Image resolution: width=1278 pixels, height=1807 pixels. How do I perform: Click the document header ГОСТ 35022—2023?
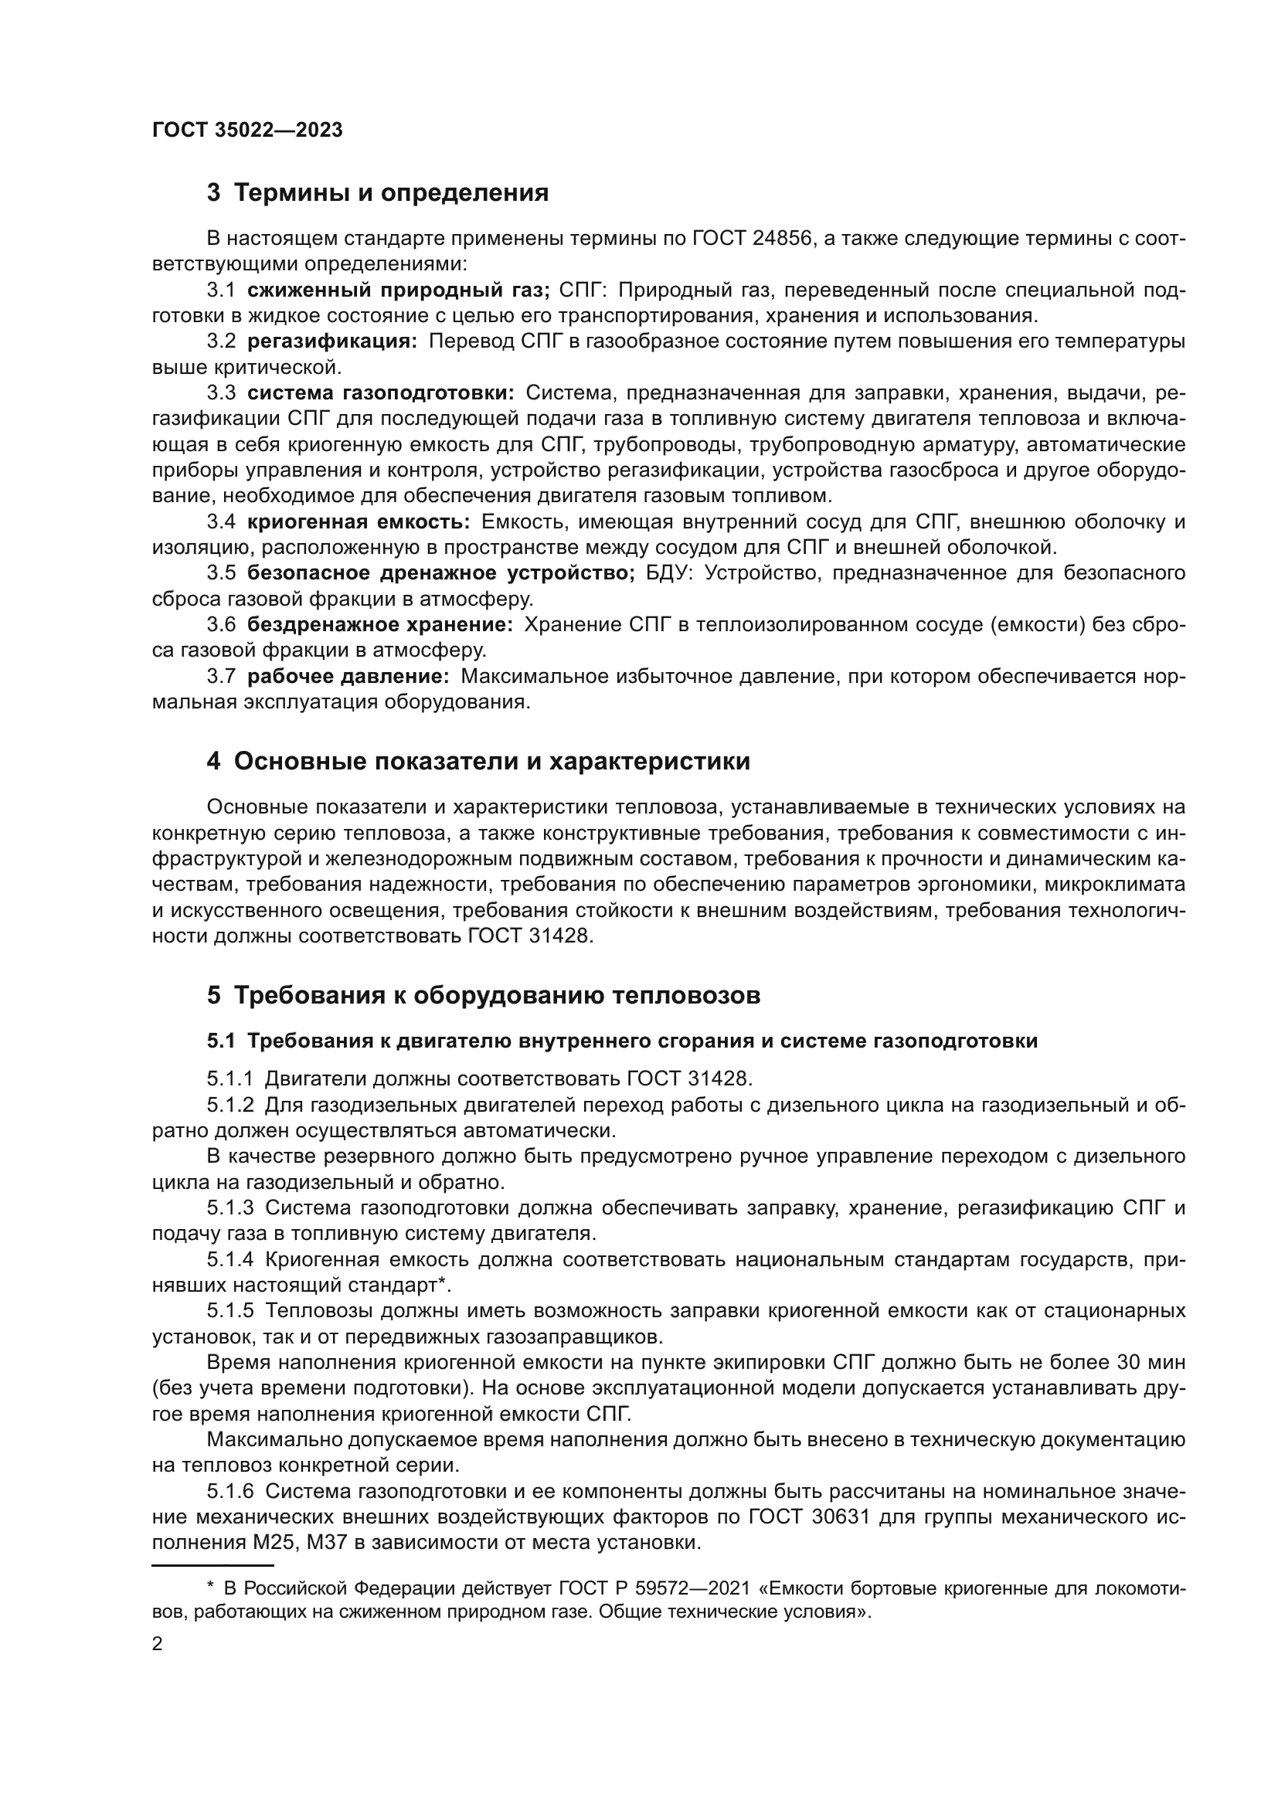pyautogui.click(x=247, y=131)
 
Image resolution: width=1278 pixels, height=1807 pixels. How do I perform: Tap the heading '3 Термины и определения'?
pyautogui.click(x=377, y=193)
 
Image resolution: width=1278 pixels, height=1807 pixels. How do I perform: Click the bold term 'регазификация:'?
pyautogui.click(x=332, y=341)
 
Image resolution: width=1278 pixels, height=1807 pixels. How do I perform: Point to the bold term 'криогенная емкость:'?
pyautogui.click(x=358, y=521)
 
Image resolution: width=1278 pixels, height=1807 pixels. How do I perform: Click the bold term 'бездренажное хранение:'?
pyautogui.click(x=380, y=625)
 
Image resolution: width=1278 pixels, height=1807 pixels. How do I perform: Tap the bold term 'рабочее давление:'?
pyautogui.click(x=348, y=676)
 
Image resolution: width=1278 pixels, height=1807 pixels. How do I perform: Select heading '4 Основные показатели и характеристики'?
pyautogui.click(x=478, y=762)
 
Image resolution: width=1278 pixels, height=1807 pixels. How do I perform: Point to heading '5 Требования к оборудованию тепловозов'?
pyautogui.click(x=483, y=996)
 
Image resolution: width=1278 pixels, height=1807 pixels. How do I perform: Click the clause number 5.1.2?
pyautogui.click(x=229, y=1105)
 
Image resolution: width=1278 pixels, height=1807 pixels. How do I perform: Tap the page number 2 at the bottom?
pyautogui.click(x=158, y=1644)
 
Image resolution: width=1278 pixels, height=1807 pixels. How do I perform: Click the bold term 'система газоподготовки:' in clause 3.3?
pyautogui.click(x=380, y=392)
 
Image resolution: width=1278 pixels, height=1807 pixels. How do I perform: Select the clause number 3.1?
pyautogui.click(x=221, y=290)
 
